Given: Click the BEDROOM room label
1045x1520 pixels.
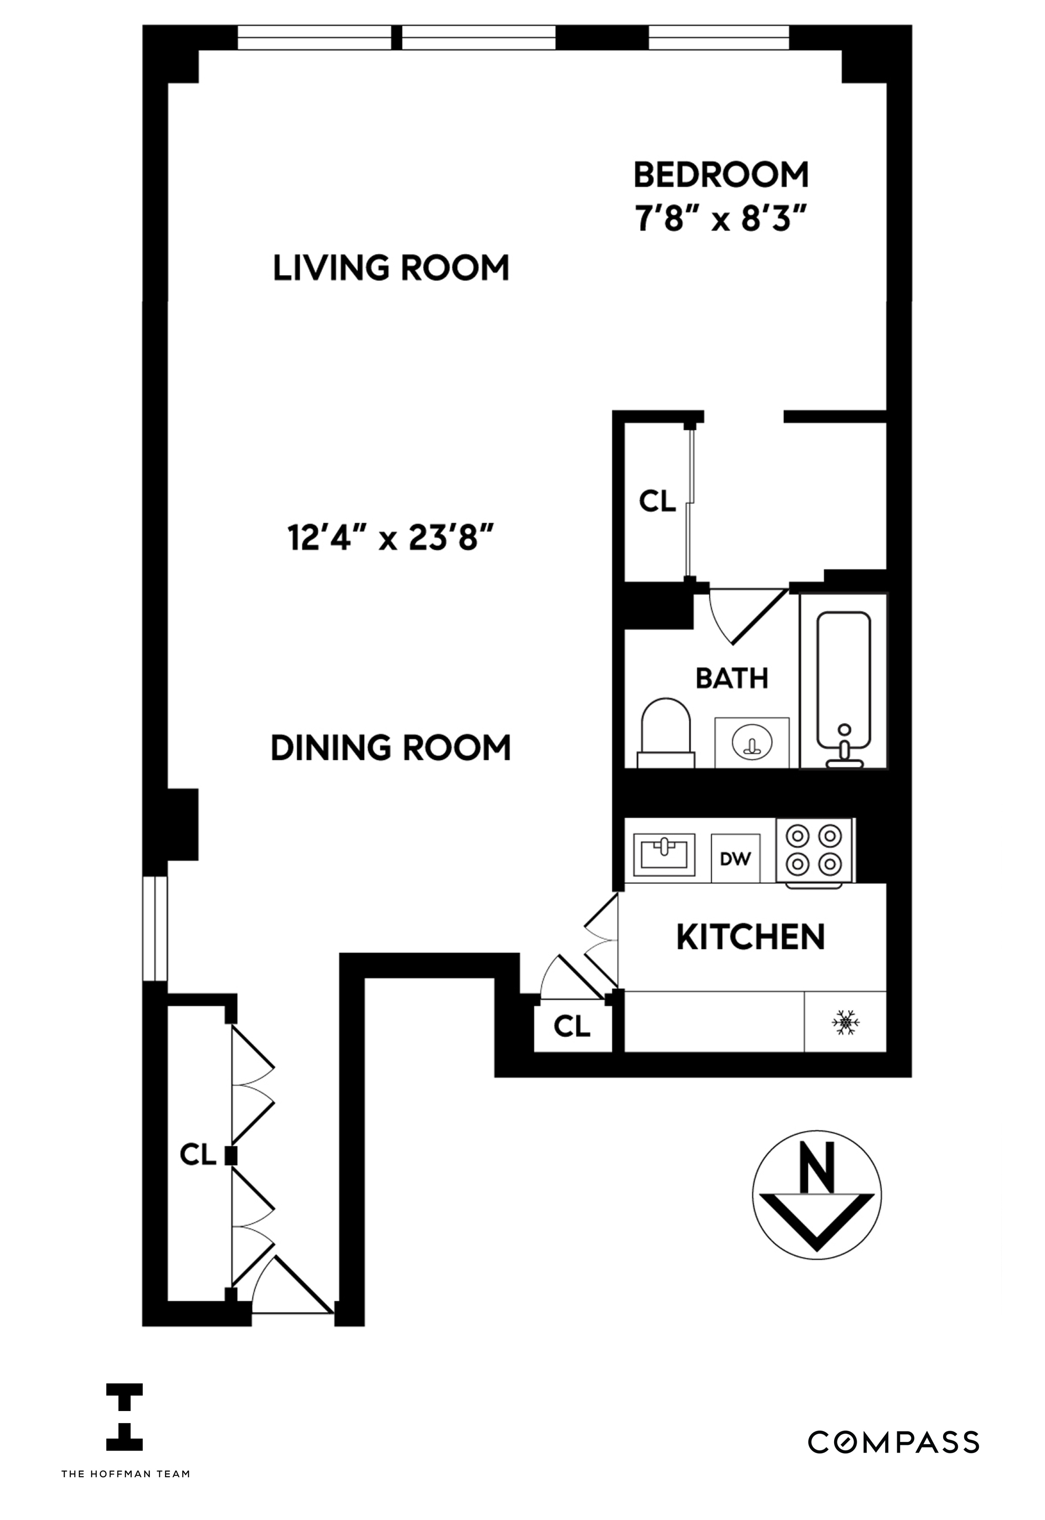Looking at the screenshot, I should (721, 175).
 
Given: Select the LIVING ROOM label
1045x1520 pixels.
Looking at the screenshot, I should (391, 269).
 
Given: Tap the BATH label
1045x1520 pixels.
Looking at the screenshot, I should (731, 678).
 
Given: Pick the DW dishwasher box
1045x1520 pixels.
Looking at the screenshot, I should (735, 859).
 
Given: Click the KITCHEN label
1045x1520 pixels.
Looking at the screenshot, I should (750, 937).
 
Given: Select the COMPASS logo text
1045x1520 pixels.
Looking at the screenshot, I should (893, 1443).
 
